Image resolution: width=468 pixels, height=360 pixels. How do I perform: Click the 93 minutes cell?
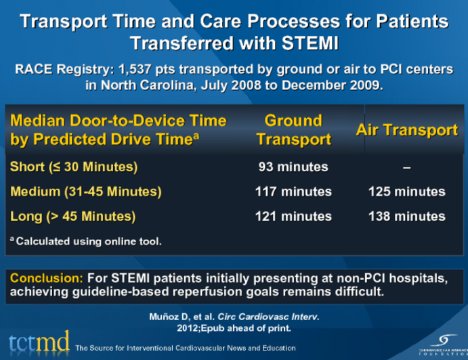point(293,166)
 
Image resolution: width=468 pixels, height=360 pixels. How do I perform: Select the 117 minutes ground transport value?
point(293,192)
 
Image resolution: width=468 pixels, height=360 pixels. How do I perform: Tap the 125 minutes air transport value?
point(406,192)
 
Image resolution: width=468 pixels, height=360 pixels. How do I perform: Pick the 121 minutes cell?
point(293,217)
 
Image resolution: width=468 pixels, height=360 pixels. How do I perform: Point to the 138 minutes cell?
point(406,217)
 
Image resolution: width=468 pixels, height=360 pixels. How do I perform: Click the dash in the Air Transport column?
point(406,167)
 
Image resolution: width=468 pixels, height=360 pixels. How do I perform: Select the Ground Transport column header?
point(293,130)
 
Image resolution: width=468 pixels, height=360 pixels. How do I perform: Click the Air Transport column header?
point(406,130)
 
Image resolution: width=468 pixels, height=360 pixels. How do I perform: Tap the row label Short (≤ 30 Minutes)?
point(74,166)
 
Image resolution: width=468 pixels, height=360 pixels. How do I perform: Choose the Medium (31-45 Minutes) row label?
point(86,192)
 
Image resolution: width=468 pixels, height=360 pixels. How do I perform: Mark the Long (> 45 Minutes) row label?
point(73,217)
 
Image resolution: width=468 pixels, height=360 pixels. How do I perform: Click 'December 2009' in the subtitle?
point(335,86)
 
